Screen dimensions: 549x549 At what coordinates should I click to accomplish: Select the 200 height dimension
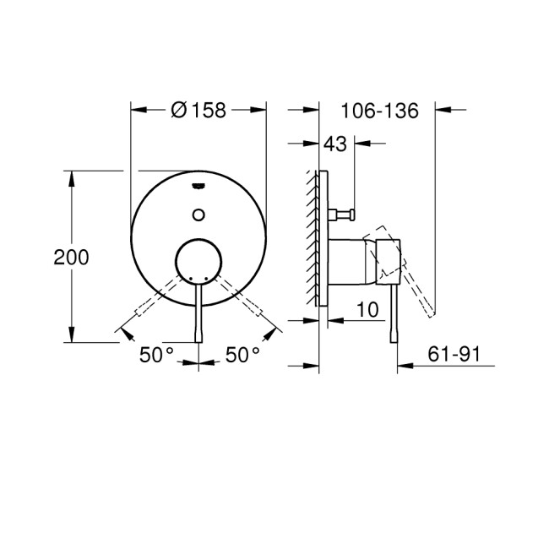[x=71, y=258]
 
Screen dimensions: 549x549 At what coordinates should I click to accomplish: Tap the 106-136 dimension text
[x=379, y=111]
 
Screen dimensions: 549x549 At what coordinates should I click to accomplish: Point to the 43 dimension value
[x=334, y=144]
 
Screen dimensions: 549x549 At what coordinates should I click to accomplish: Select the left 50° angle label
[x=156, y=356]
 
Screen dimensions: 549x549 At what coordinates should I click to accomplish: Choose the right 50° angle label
[x=243, y=356]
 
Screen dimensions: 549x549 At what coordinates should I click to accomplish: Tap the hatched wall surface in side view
[x=313, y=236]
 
